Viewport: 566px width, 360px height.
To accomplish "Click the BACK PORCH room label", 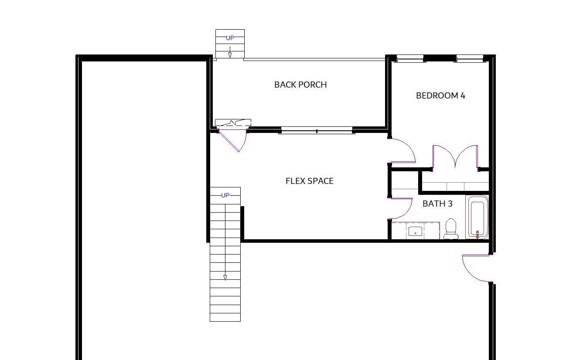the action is (300, 85).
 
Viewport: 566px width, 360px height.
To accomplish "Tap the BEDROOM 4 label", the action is (440, 95).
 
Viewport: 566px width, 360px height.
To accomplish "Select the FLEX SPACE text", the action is (310, 181).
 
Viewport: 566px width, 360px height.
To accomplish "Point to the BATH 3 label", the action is (437, 204).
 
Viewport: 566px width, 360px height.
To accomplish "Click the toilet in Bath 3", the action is (451, 229).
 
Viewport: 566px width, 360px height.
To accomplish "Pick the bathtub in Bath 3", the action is (477, 217).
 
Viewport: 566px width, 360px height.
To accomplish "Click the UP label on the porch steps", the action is (230, 38).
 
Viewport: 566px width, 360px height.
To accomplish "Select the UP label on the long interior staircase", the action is (225, 195).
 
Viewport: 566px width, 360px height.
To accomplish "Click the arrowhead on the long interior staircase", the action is (225, 278).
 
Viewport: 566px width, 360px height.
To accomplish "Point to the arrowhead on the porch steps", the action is (230, 55).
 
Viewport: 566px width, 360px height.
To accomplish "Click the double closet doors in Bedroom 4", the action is (455, 156).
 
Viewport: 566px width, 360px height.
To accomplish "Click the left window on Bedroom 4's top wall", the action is (410, 59).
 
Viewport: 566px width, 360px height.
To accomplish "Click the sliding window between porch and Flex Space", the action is (317, 131).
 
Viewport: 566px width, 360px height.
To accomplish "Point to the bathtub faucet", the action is (477, 234).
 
